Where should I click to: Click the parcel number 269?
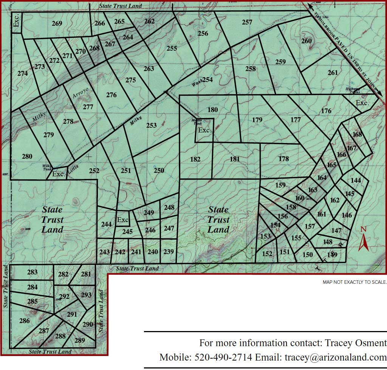pyautogui.click(x=57, y=24)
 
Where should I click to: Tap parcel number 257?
pyautogui.click(x=247, y=22)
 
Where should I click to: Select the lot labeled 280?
pyautogui.click(x=27, y=156)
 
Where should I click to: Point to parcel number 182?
pyautogui.click(x=195, y=159)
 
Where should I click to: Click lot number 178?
pyautogui.click(x=283, y=159)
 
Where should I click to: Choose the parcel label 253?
pyautogui.click(x=151, y=126)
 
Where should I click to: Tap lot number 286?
pyautogui.click(x=24, y=321)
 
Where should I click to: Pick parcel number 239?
pyautogui.click(x=169, y=252)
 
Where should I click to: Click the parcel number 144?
pyautogui.click(x=356, y=180)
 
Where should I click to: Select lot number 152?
pyautogui.click(x=267, y=254)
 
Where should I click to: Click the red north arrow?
pyautogui.click(x=364, y=242)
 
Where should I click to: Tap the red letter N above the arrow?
pyautogui.click(x=364, y=229)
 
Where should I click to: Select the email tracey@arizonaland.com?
pyautogui.click(x=336, y=357)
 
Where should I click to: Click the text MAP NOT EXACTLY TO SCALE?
pyautogui.click(x=354, y=282)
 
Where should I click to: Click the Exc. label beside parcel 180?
pyautogui.click(x=204, y=130)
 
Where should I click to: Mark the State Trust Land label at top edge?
pyautogui.click(x=120, y=6)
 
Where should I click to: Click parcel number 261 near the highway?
pyautogui.click(x=333, y=73)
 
